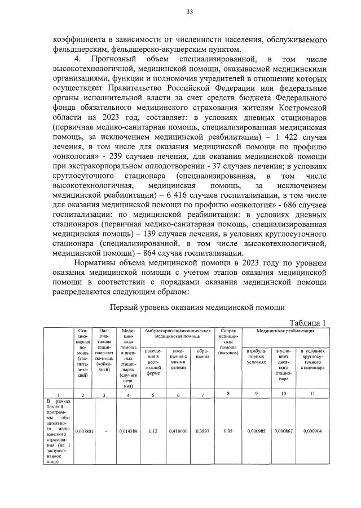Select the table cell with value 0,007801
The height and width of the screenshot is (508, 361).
point(83,430)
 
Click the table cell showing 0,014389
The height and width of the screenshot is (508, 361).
point(129,430)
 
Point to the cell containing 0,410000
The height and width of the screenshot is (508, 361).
point(178,430)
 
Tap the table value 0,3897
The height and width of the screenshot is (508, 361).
point(201,430)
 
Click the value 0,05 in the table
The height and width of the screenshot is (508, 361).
point(228,430)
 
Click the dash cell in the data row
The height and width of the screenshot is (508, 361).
point(106,430)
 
